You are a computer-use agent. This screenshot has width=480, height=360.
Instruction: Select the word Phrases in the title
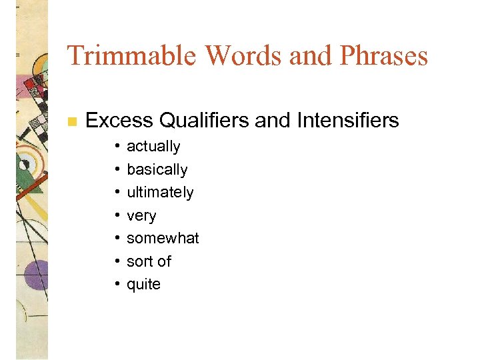click(385, 55)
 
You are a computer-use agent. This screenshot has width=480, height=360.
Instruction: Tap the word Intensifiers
click(347, 121)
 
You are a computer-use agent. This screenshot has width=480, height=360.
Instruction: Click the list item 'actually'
click(153, 147)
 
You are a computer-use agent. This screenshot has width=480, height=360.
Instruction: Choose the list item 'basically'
click(157, 170)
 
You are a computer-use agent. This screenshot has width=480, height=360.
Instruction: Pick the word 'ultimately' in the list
click(160, 193)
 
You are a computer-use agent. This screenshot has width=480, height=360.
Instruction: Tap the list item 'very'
click(141, 216)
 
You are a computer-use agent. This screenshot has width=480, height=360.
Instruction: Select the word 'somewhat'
click(163, 239)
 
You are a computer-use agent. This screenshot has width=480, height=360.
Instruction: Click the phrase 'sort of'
click(149, 261)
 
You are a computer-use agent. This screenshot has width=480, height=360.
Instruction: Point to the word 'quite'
click(143, 285)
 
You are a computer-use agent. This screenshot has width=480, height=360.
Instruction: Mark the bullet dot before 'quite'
click(116, 285)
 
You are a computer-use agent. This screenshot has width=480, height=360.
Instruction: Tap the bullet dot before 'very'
click(116, 216)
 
